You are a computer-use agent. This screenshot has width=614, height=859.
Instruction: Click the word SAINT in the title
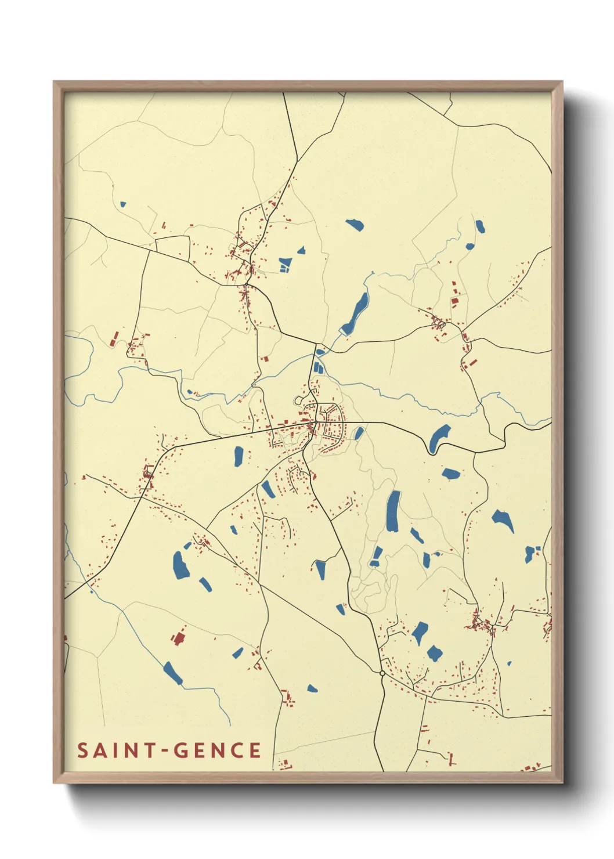point(113,750)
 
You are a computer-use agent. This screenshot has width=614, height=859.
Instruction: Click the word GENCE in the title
point(217,750)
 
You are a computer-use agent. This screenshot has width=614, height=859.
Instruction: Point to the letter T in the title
point(150,750)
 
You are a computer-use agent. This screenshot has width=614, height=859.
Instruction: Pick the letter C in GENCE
point(237,750)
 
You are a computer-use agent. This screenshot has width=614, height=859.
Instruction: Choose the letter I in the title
point(116,750)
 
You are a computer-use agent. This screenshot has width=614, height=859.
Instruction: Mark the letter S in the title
point(82,750)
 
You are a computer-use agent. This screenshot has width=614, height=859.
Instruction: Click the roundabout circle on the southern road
point(382,673)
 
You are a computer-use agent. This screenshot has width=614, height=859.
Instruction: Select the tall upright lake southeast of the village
point(393,511)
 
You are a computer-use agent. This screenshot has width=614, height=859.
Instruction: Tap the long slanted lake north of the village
point(355,313)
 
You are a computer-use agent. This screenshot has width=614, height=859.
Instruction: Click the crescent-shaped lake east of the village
point(438,438)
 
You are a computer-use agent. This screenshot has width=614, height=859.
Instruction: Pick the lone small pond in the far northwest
point(122,204)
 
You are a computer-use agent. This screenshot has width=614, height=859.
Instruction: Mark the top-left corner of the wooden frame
point(54,82)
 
